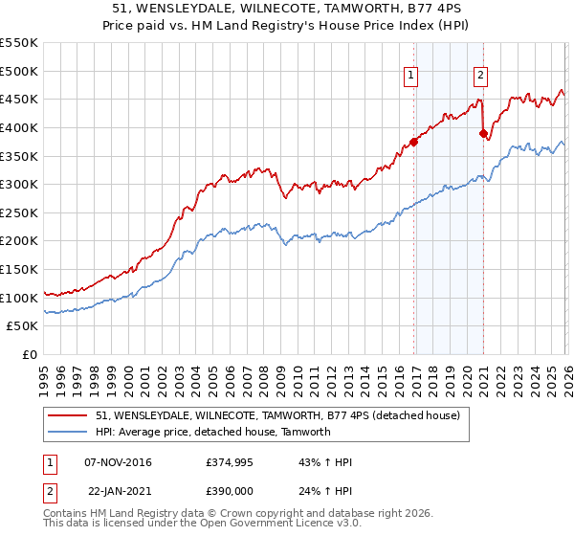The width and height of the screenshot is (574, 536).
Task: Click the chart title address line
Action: pos(287,10)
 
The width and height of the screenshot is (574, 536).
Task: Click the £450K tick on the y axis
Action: pos(19,99)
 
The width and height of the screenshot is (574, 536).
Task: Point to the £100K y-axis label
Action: pos(19,298)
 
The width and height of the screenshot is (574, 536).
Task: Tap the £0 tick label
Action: pos(31,354)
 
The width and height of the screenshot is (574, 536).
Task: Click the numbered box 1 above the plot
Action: pos(410,76)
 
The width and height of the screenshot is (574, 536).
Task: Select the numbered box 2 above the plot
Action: pos(480,76)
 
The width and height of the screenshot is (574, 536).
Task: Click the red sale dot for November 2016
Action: pos(414,142)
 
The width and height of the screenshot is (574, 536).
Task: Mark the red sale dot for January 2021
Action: pos(483,133)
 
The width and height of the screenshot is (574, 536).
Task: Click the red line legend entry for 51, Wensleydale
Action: pos(277,415)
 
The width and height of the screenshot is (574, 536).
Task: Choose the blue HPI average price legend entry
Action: pos(212,432)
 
